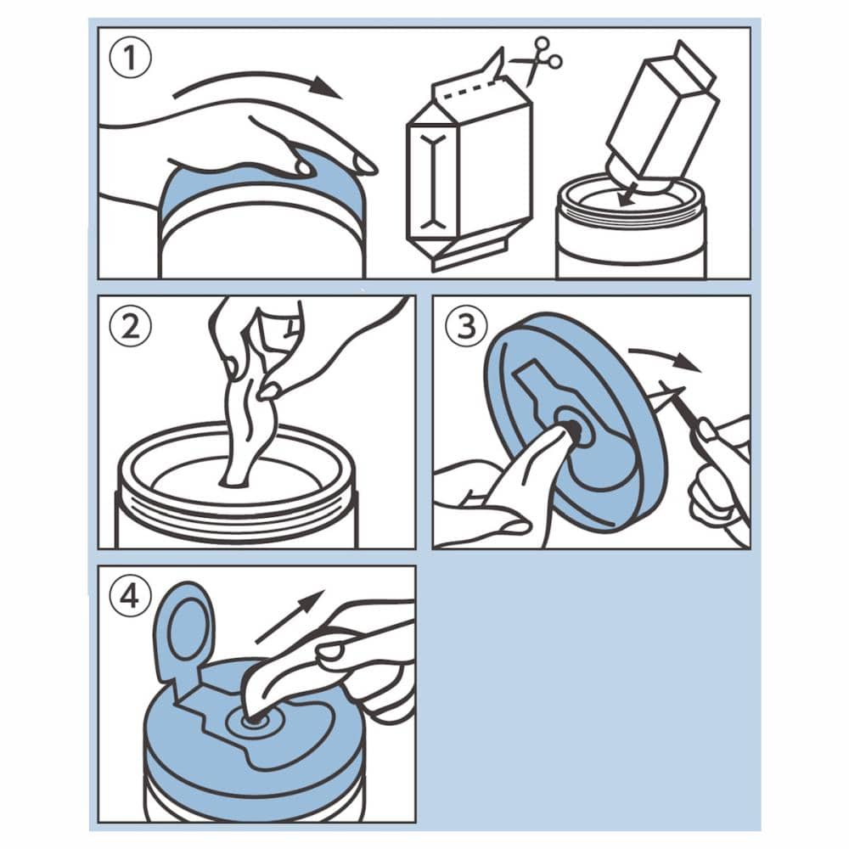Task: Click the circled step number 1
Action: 130,58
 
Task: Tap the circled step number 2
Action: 130,327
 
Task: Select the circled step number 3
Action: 466,327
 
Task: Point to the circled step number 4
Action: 130,597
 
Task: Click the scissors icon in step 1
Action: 537,60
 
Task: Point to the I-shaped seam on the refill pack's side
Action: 433,182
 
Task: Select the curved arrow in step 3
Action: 665,357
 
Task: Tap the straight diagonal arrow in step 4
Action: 290,617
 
